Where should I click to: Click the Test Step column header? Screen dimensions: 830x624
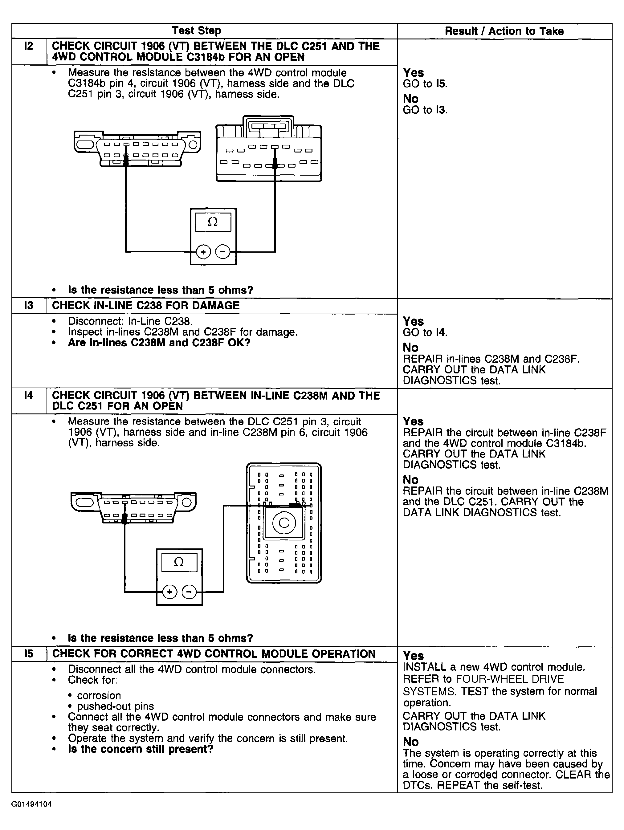(196, 31)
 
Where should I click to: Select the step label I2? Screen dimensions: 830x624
(29, 46)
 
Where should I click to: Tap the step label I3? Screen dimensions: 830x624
(29, 305)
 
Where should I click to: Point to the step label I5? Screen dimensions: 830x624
(29, 654)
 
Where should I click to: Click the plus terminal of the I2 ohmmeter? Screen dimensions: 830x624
(203, 252)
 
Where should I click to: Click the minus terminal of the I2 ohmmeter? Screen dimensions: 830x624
(223, 252)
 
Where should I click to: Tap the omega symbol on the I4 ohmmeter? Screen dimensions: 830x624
(179, 562)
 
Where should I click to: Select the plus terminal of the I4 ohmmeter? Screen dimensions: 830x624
(169, 592)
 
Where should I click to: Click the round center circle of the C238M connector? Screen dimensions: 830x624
(284, 523)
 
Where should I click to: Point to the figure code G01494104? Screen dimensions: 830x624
(31, 804)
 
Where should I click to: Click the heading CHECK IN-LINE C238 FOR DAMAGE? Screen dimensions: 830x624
(145, 305)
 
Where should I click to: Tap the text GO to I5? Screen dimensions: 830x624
(425, 84)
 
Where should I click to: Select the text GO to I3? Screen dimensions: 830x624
(425, 110)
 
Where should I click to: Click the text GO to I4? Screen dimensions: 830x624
(425, 332)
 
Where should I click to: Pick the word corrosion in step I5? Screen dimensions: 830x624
(99, 695)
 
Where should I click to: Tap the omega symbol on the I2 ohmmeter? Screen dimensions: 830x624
(213, 222)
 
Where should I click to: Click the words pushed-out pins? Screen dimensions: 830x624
(115, 706)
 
